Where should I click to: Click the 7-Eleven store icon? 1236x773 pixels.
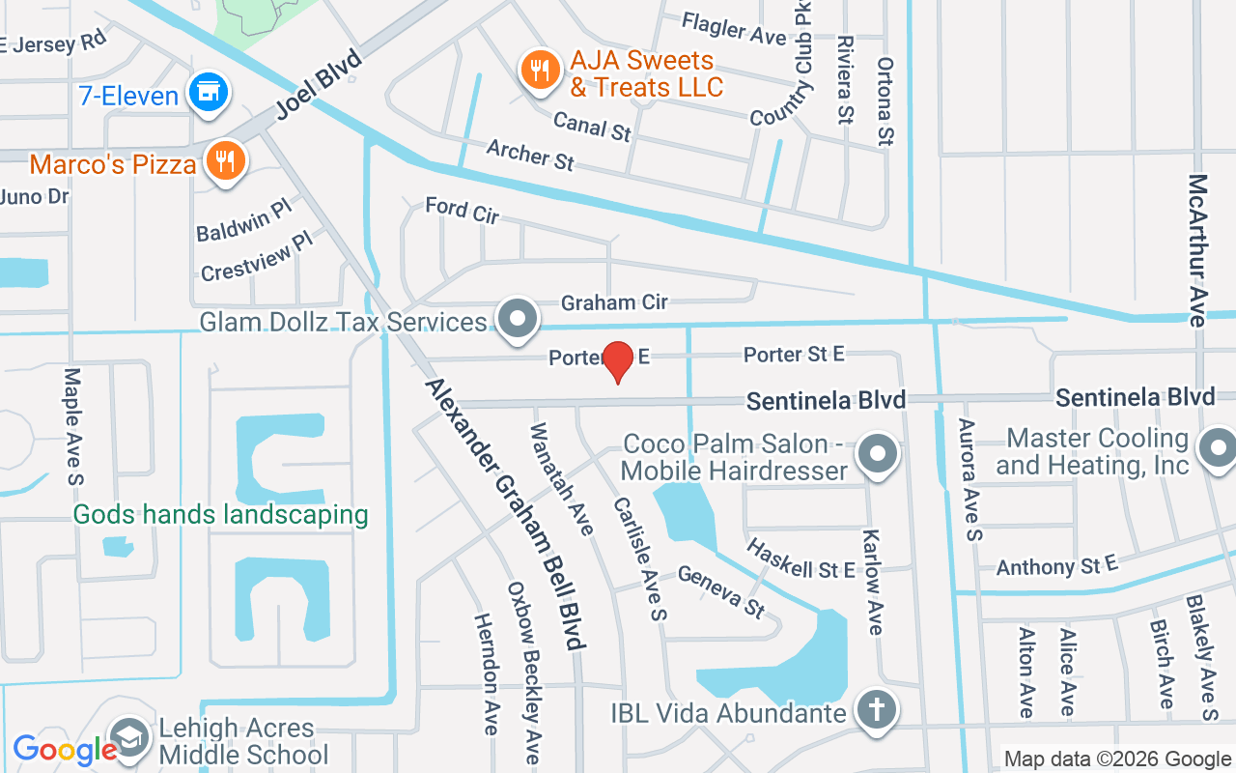click(x=208, y=93)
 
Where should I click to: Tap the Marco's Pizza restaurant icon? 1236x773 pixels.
click(x=226, y=159)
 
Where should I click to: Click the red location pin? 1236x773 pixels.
click(x=618, y=361)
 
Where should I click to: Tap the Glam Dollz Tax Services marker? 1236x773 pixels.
click(x=518, y=318)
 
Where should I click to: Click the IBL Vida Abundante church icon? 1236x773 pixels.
click(x=877, y=712)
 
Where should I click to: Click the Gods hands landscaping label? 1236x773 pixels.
click(x=221, y=514)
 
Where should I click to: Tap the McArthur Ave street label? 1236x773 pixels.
click(x=1198, y=250)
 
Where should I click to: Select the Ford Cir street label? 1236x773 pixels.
click(x=463, y=210)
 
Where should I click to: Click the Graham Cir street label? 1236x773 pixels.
click(x=614, y=302)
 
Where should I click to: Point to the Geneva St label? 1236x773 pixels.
click(x=721, y=591)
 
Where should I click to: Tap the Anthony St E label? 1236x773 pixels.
click(x=1056, y=565)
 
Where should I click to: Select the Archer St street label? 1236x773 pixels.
click(x=530, y=155)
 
